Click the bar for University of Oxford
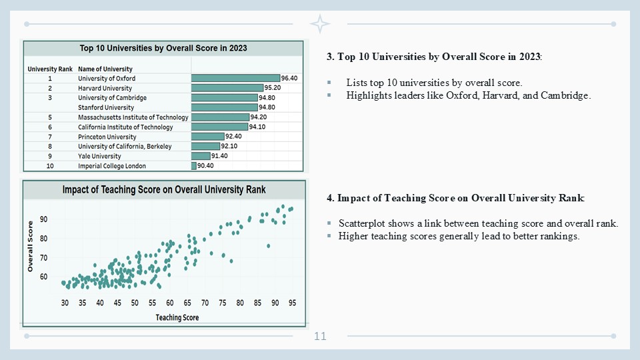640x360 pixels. pyautogui.click(x=235, y=78)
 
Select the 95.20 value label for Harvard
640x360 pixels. pyautogui.click(x=272, y=88)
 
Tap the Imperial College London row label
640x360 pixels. pyautogui.click(x=111, y=166)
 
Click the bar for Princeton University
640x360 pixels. pyautogui.click(x=207, y=137)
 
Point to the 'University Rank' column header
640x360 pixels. pyautogui.click(x=49, y=69)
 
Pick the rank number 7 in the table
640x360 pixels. pyautogui.click(x=50, y=137)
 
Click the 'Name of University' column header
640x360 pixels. pyautogui.click(x=105, y=69)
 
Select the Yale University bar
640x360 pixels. pyautogui.click(x=201, y=156)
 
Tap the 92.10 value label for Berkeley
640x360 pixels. pyautogui.click(x=229, y=147)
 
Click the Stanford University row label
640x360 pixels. pyautogui.click(x=106, y=107)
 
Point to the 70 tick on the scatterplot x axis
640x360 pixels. pyautogui.click(x=205, y=303)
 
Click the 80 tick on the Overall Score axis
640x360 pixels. pyautogui.click(x=43, y=238)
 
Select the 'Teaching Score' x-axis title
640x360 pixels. pyautogui.click(x=177, y=317)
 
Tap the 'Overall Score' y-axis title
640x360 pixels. pyautogui.click(x=31, y=247)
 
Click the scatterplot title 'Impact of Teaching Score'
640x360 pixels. pyautogui.click(x=164, y=190)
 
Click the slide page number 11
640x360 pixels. pyautogui.click(x=320, y=336)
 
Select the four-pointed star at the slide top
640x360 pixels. pyautogui.click(x=320, y=24)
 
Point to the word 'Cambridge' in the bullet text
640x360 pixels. pyautogui.click(x=567, y=95)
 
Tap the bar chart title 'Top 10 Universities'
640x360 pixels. pyautogui.click(x=163, y=48)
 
